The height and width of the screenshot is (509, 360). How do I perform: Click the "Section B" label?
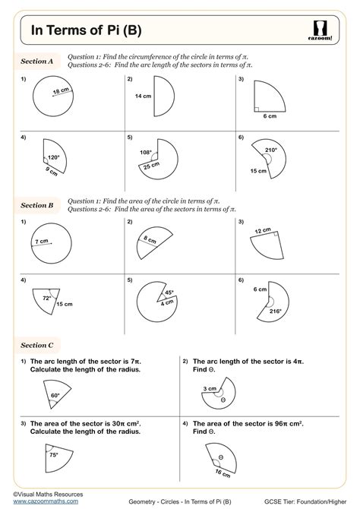[37, 205]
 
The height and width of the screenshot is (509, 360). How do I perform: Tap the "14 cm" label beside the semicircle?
[143, 96]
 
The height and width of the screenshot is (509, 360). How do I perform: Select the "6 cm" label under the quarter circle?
[270, 116]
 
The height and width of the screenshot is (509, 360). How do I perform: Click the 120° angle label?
[53, 157]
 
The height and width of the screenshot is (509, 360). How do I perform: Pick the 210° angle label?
[270, 150]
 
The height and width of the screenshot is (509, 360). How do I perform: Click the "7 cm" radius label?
[43, 242]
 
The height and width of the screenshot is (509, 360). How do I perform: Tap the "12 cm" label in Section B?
[263, 230]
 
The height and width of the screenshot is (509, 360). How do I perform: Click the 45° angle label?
[169, 292]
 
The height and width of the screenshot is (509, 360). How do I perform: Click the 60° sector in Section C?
[54, 394]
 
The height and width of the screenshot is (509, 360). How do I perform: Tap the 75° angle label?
[53, 456]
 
